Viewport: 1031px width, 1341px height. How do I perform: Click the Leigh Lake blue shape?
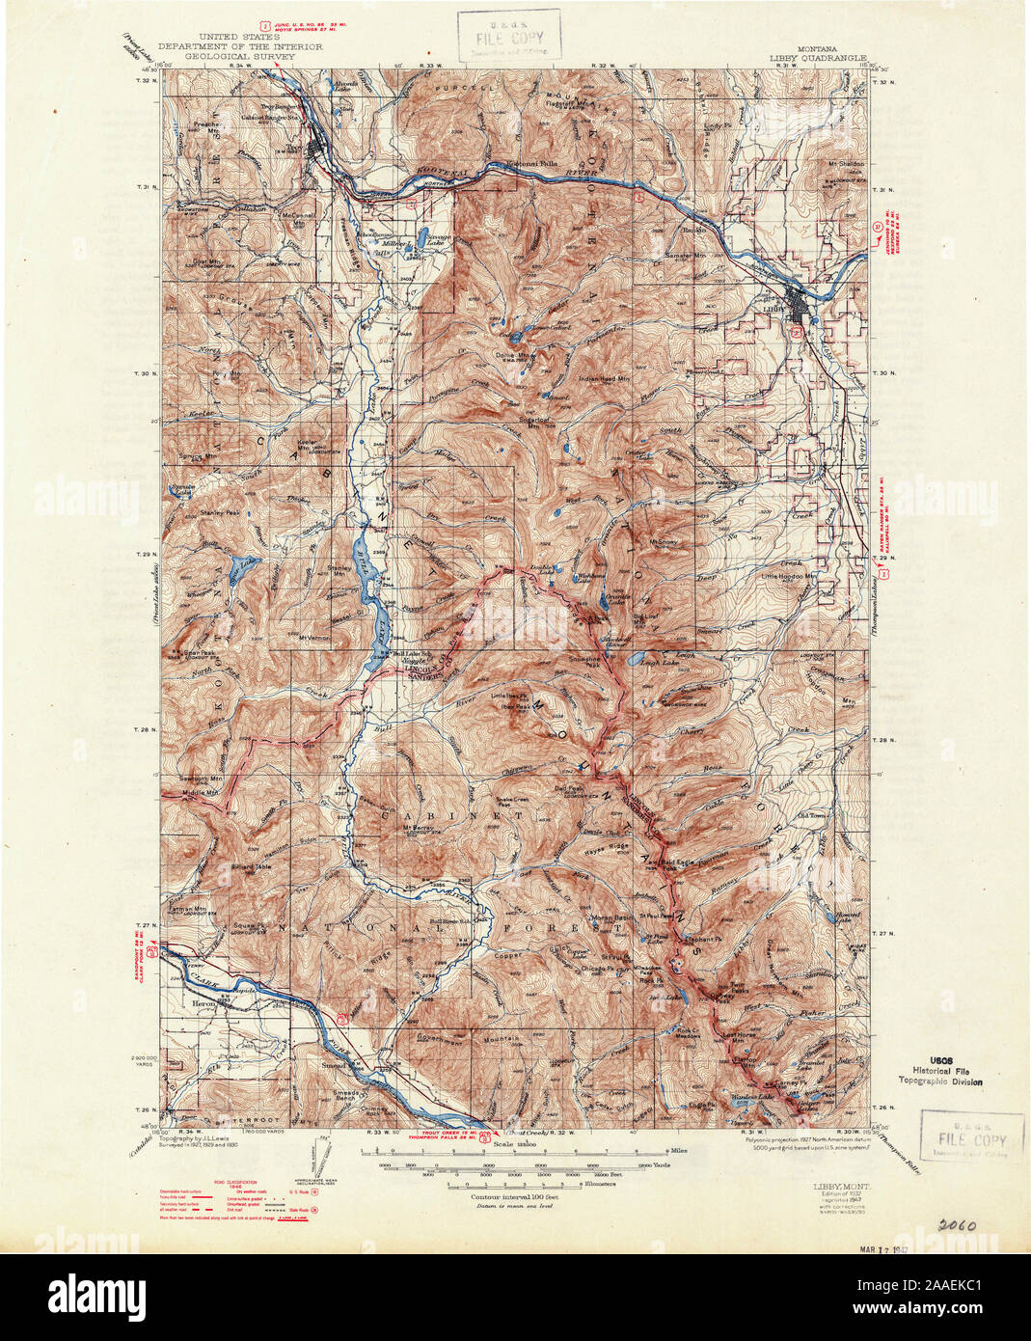638,661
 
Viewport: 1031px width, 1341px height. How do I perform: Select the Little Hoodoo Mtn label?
789,576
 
